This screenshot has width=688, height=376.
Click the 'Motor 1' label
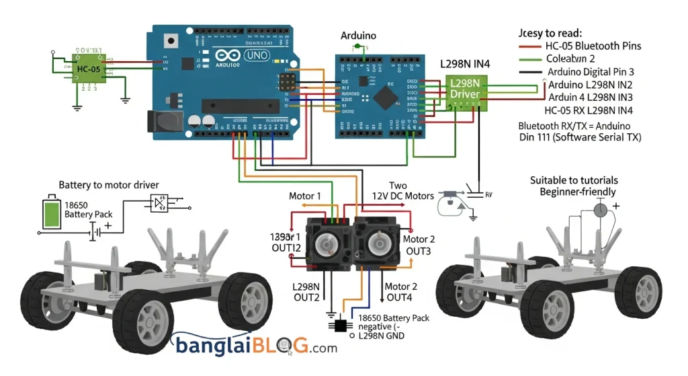[x=306, y=196]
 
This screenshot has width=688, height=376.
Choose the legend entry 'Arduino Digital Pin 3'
[x=591, y=71]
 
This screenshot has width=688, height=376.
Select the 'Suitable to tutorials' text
[x=574, y=180]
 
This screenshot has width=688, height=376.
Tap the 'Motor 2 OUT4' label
[x=401, y=292]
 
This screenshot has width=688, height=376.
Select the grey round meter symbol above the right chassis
[x=601, y=210]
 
